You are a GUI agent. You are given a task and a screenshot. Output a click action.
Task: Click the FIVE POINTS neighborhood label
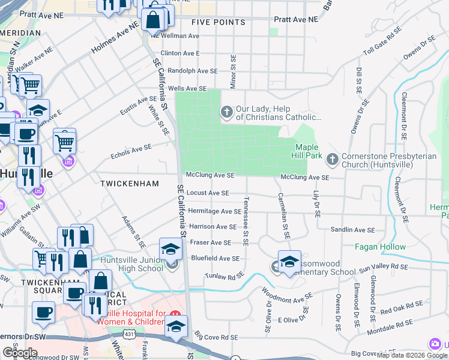pyautogui.click(x=218, y=22)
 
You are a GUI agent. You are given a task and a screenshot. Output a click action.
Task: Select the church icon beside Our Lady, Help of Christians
pyautogui.click(x=227, y=112)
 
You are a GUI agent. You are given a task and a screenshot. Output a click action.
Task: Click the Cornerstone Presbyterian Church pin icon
pyautogui.click(x=332, y=160)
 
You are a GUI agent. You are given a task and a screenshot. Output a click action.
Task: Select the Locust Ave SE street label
pyautogui.click(x=208, y=193)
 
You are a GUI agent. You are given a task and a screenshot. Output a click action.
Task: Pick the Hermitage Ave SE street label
pyautogui.click(x=214, y=211)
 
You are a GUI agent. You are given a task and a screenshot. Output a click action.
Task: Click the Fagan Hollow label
pyautogui.click(x=380, y=247)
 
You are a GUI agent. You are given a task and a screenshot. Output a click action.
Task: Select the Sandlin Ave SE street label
pyautogui.click(x=352, y=230)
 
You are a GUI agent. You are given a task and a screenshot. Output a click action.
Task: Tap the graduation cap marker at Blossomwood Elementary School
pyautogui.click(x=289, y=262)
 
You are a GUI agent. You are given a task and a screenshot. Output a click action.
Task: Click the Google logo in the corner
pyautogui.click(x=20, y=352)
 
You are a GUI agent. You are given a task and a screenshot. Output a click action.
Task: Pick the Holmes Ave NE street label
pyautogui.click(x=115, y=42)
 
